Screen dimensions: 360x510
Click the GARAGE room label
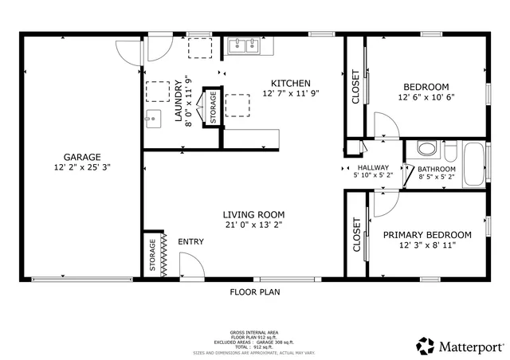(82, 157)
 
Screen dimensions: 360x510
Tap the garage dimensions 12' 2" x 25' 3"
(82, 168)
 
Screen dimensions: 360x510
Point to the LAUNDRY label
(189, 100)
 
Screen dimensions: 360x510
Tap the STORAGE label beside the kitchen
(213, 107)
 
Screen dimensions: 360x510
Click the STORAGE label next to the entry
(152, 254)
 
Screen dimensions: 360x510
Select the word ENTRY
(190, 242)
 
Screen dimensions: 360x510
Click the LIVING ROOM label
(253, 214)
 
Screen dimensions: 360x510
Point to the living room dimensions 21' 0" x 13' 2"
(253, 225)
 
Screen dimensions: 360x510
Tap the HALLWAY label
(373, 167)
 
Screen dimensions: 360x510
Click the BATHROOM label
(437, 169)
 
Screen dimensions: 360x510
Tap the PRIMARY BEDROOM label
(426, 235)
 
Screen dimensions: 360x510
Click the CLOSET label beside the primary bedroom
(356, 235)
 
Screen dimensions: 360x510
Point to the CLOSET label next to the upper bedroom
(355, 87)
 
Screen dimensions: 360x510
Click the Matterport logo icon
(424, 346)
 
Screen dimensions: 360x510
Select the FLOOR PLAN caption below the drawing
(255, 292)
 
